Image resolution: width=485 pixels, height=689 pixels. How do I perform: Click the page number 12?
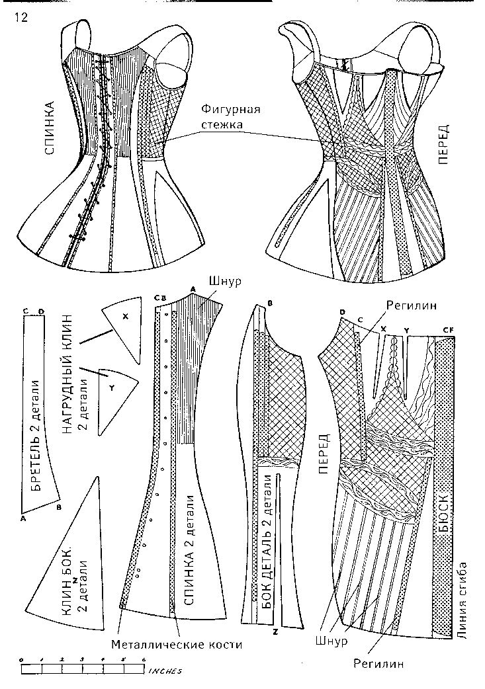click(19, 19)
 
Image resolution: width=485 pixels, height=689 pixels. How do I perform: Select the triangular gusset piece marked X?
click(124, 324)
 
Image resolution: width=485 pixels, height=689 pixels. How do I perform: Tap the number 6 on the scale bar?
click(143, 660)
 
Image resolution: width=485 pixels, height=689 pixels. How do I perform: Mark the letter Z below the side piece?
click(273, 633)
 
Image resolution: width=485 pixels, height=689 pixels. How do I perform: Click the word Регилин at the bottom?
click(378, 663)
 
